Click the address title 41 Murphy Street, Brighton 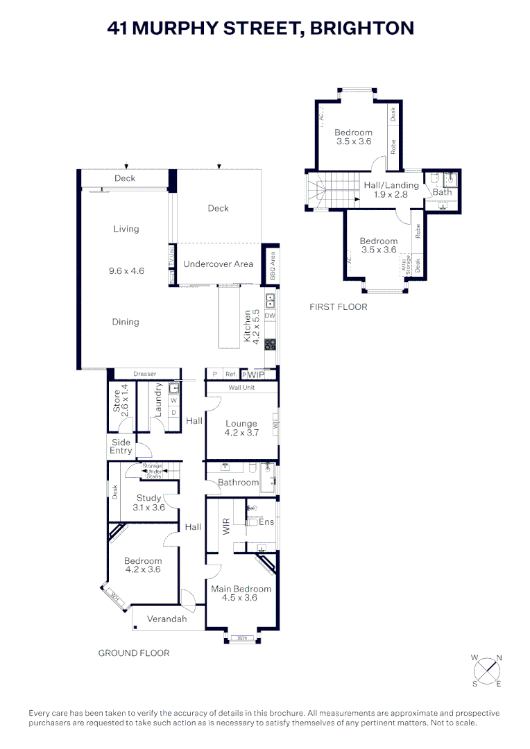261,28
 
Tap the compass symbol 488,670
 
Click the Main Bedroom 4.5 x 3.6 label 241,593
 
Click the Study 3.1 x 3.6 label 149,502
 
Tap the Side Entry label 121,447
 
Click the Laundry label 158,399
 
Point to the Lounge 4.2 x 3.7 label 241,428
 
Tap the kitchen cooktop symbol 270,343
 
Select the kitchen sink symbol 270,301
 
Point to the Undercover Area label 218,264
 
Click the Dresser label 145,374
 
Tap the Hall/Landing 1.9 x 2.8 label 391,190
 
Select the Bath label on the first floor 441,192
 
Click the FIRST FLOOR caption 339,307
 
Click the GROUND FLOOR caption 134,653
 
